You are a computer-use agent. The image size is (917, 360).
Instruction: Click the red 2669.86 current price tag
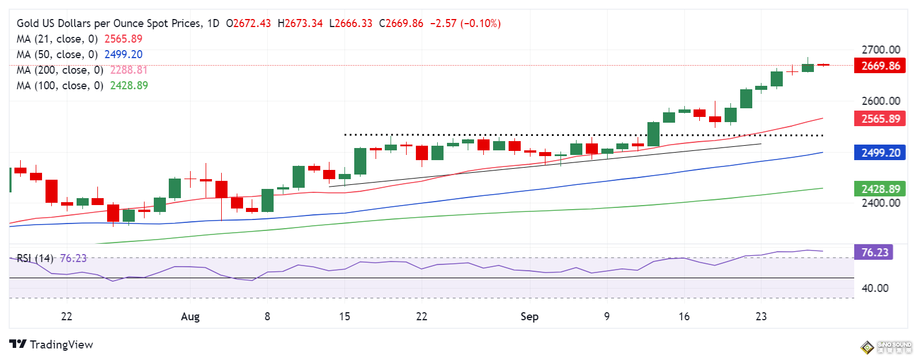pyautogui.click(x=880, y=66)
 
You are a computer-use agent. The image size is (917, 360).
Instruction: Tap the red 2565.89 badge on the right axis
pyautogui.click(x=880, y=119)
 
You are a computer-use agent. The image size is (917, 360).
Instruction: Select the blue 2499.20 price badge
pyautogui.click(x=880, y=153)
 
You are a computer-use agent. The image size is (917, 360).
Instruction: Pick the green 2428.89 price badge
pyautogui.click(x=880, y=189)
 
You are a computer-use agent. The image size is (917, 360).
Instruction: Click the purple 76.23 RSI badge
pyautogui.click(x=874, y=252)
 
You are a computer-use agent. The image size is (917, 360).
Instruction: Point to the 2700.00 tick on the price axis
pyautogui.click(x=881, y=50)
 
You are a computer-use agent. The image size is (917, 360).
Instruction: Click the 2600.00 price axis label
pyautogui.click(x=881, y=101)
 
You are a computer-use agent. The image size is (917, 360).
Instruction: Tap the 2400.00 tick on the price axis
pyautogui.click(x=881, y=203)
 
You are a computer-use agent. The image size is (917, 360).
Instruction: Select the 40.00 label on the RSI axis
pyautogui.click(x=875, y=288)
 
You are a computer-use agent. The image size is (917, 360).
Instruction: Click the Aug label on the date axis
pyautogui.click(x=190, y=316)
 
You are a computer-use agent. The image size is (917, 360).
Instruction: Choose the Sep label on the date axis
pyautogui.click(x=529, y=316)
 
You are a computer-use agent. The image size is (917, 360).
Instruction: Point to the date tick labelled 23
pyautogui.click(x=761, y=316)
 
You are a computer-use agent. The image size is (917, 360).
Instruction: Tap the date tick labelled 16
pyautogui.click(x=684, y=316)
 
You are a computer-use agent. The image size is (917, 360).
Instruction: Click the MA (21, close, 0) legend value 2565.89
pyautogui.click(x=123, y=39)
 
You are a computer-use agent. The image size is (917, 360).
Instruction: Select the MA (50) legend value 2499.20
pyautogui.click(x=123, y=55)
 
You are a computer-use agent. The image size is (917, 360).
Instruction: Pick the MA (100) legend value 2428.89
pyautogui.click(x=129, y=86)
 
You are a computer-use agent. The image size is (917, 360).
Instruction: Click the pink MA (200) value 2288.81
pyautogui.click(x=129, y=70)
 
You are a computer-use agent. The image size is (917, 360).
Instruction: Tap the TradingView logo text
pyautogui.click(x=61, y=344)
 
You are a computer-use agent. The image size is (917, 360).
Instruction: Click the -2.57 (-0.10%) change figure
pyautogui.click(x=465, y=24)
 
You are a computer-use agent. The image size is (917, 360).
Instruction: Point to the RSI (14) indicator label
pyautogui.click(x=35, y=259)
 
